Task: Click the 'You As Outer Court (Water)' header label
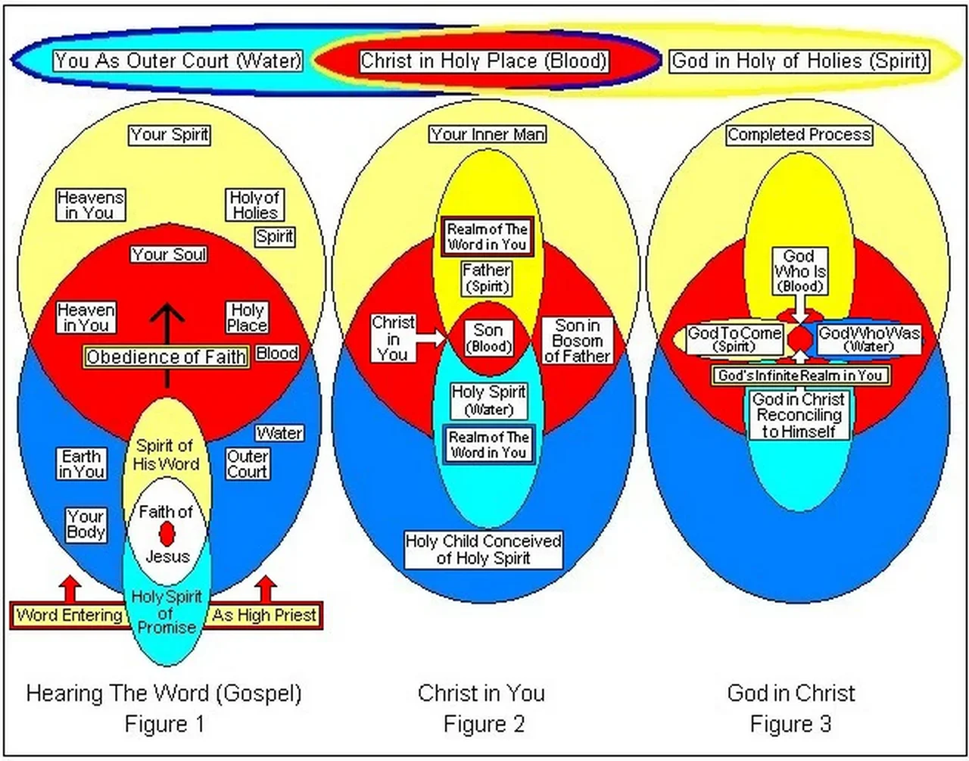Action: pos(178,61)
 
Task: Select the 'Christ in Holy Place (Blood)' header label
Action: pos(484,61)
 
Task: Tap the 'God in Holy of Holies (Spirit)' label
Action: pos(799,61)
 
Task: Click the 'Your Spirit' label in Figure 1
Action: pos(170,135)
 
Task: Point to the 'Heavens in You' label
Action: pos(90,204)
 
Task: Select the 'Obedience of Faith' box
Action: pos(166,357)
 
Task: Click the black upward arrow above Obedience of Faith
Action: pos(167,322)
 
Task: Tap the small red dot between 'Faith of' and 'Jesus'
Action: pos(167,534)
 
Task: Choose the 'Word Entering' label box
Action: pos(69,615)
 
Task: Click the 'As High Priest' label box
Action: pos(264,615)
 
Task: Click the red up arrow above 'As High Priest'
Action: pos(265,588)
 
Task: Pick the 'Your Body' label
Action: pos(86,524)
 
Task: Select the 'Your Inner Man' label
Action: pos(488,135)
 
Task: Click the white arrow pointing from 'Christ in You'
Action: pos(432,338)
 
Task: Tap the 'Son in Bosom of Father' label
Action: pos(577,341)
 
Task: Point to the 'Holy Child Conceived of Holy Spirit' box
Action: pos(484,550)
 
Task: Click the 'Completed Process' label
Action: pos(799,135)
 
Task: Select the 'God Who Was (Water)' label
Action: pos(868,339)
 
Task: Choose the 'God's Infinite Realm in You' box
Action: pos(800,376)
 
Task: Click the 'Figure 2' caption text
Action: pos(484,724)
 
